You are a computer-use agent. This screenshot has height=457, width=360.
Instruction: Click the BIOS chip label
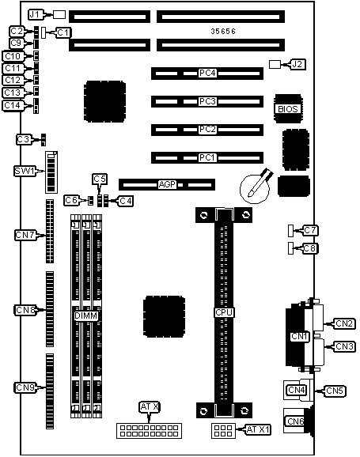(x=287, y=108)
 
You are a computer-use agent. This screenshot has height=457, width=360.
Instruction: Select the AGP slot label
(x=167, y=184)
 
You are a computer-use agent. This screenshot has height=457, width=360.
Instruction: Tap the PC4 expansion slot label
(x=208, y=74)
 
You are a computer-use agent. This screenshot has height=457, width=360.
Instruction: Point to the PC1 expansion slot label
(x=208, y=157)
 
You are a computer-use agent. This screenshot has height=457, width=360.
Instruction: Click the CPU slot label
(x=225, y=313)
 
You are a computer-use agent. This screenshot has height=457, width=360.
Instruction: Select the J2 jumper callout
(x=298, y=63)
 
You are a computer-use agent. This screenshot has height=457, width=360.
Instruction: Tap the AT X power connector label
(x=150, y=407)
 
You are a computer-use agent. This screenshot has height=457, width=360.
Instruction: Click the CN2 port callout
(x=344, y=323)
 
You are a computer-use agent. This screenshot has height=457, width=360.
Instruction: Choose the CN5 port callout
(x=335, y=391)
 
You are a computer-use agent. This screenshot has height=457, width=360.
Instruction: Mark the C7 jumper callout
(x=311, y=230)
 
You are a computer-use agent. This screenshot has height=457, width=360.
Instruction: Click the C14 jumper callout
(x=13, y=105)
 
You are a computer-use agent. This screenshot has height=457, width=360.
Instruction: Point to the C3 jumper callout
(x=24, y=139)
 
